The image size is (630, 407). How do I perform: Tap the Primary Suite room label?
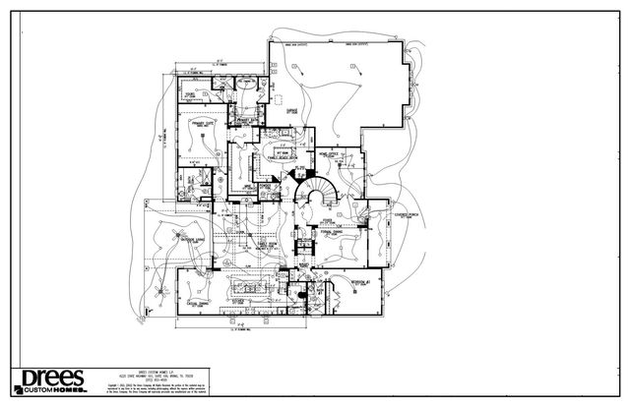coord(205,126)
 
